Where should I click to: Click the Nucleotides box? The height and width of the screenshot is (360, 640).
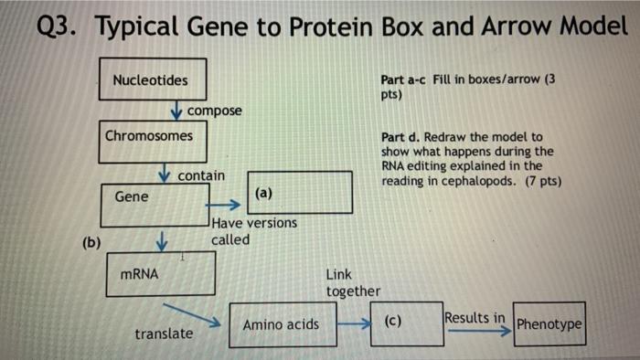[153, 80]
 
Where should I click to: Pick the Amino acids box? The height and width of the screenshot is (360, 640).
[282, 324]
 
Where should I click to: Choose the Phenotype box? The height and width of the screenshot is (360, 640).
[549, 324]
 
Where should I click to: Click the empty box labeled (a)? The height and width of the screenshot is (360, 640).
[302, 193]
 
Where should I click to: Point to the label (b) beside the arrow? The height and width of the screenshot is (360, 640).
[91, 242]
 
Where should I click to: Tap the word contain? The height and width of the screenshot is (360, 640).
[202, 174]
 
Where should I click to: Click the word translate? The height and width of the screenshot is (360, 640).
[164, 334]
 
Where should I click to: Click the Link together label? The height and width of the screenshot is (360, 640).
[353, 282]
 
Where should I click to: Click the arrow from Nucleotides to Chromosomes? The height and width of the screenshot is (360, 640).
[176, 111]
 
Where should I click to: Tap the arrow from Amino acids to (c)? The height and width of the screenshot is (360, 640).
[352, 323]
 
